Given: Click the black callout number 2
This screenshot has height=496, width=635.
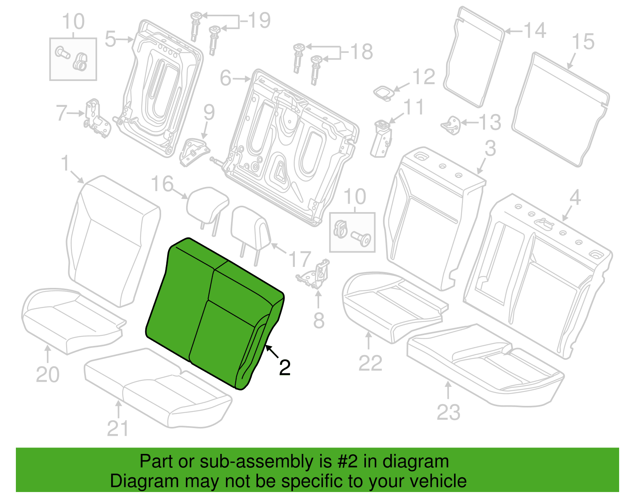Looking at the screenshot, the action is point(285,367).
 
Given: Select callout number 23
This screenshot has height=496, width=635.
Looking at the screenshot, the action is point(448,412).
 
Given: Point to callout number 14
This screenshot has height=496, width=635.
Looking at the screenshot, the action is point(535,30).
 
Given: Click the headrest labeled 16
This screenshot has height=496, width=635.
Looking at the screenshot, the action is point(208,208).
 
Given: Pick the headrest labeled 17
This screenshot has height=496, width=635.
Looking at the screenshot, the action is point(251,234).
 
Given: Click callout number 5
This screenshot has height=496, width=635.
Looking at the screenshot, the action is point(110,39).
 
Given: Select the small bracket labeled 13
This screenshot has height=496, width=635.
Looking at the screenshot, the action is point(451,125).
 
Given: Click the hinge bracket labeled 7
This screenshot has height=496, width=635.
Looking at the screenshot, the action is point(97,118).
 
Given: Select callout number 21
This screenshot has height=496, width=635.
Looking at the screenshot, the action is point(118,428).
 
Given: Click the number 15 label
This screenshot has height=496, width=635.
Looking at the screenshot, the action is point(583,42).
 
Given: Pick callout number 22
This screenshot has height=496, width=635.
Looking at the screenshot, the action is point(370,363).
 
